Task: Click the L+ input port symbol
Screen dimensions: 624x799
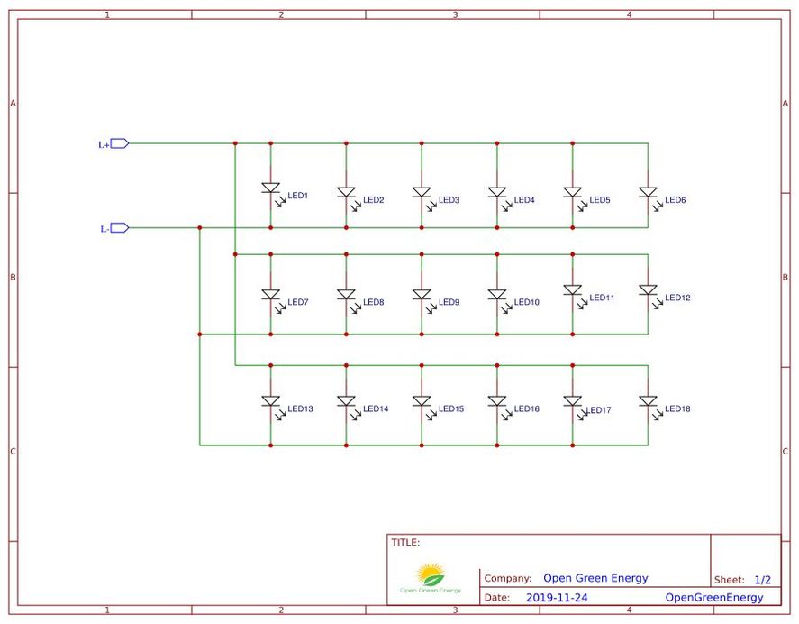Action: tap(119, 143)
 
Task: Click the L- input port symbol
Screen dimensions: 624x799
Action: tap(119, 228)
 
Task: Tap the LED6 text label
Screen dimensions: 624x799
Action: tap(676, 200)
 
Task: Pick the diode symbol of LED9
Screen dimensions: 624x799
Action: tap(422, 295)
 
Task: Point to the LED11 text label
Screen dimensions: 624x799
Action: tap(602, 298)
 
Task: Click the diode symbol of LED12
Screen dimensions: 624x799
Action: tap(648, 290)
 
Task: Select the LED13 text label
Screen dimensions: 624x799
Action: tap(300, 409)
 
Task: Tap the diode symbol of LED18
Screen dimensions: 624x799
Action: tap(648, 401)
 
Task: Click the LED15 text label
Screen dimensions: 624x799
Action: tap(451, 409)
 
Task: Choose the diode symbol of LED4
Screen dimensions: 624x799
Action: tap(496, 193)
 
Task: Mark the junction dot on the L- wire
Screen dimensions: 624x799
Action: tap(200, 228)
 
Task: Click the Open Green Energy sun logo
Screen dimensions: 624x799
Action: tap(431, 574)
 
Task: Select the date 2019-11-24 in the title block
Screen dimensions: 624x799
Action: tap(556, 598)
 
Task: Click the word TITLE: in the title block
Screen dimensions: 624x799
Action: tap(405, 543)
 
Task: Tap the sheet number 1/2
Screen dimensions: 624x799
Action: tap(762, 580)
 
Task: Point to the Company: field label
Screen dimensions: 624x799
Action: tap(507, 579)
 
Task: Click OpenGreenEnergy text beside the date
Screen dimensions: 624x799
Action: tap(713, 598)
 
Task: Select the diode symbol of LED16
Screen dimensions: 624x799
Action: tap(496, 401)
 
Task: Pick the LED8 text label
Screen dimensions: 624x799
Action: tap(374, 303)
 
